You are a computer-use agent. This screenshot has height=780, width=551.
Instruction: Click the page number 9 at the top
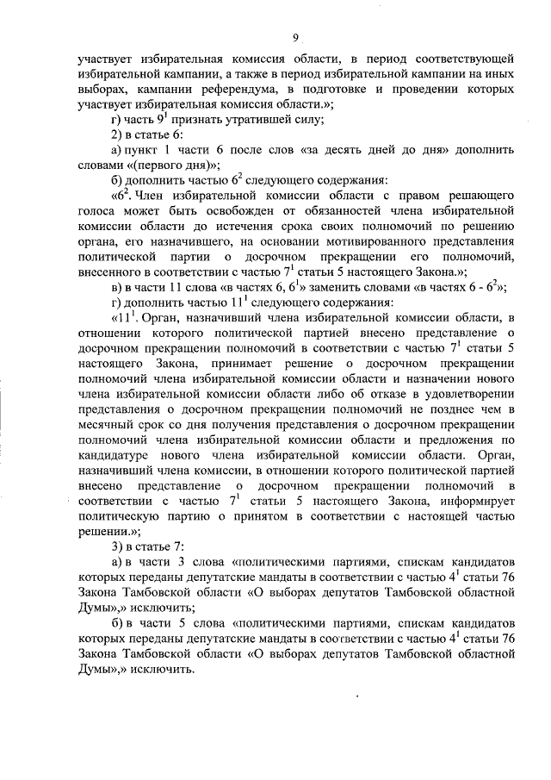coord(294,38)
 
